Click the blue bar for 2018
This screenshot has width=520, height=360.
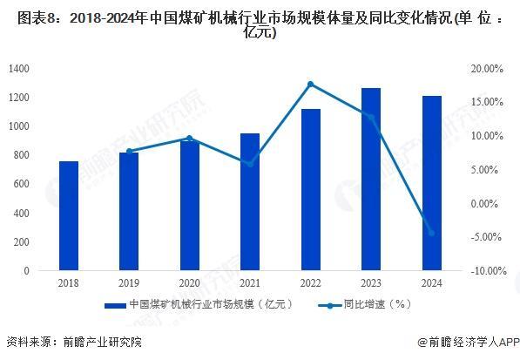pyautogui.click(x=68, y=216)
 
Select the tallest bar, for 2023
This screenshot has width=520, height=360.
pyautogui.click(x=371, y=180)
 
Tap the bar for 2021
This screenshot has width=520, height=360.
pyautogui.click(x=250, y=202)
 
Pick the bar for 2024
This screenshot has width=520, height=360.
pyautogui.click(x=432, y=183)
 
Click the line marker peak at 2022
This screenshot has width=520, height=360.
pyautogui.click(x=311, y=84)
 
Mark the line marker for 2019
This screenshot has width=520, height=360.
pyautogui.click(x=129, y=151)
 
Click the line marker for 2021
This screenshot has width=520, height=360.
pyautogui.click(x=250, y=164)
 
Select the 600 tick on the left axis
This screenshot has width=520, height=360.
pyautogui.click(x=22, y=184)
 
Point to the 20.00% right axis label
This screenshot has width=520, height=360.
pyautogui.click(x=486, y=68)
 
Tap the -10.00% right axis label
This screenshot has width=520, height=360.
pyautogui.click(x=484, y=271)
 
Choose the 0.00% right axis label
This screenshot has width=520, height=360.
pyautogui.click(x=489, y=203)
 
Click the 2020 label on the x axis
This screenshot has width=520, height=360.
pyautogui.click(x=189, y=283)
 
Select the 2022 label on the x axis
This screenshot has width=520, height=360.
pyautogui.click(x=311, y=283)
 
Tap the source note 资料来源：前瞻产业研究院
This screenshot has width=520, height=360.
pyautogui.click(x=73, y=343)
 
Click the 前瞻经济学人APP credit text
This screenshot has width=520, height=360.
pyautogui.click(x=468, y=343)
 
